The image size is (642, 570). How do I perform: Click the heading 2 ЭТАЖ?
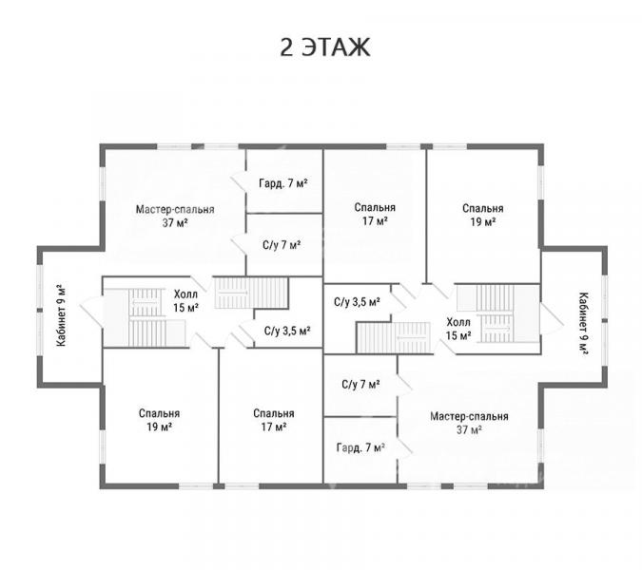click(325, 47)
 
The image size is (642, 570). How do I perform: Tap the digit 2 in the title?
click(286, 47)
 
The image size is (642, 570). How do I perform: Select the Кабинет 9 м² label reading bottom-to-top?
click(61, 315)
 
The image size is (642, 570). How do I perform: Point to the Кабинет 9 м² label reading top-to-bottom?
click(583, 323)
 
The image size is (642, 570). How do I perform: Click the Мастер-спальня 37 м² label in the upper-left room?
click(175, 217)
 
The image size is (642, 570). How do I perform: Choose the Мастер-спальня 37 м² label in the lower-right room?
click(469, 423)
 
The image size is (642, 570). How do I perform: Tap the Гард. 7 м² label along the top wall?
click(283, 183)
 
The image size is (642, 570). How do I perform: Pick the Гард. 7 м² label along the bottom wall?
click(360, 447)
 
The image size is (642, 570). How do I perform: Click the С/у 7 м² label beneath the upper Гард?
click(282, 245)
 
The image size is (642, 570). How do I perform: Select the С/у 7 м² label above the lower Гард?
click(360, 385)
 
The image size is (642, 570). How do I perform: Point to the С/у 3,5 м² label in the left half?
click(287, 331)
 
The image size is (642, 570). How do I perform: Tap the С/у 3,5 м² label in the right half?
click(357, 302)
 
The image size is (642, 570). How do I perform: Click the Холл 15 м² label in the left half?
click(185, 300)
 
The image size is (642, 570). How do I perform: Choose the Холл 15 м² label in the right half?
click(458, 329)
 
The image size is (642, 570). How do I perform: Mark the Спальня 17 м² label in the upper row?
click(375, 215)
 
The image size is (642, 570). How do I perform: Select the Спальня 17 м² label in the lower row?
click(274, 420)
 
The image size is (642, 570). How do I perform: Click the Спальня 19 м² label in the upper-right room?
click(483, 215)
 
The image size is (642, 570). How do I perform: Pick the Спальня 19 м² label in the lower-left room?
click(159, 420)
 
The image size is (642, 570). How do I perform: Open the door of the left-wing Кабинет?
click(92, 312)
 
